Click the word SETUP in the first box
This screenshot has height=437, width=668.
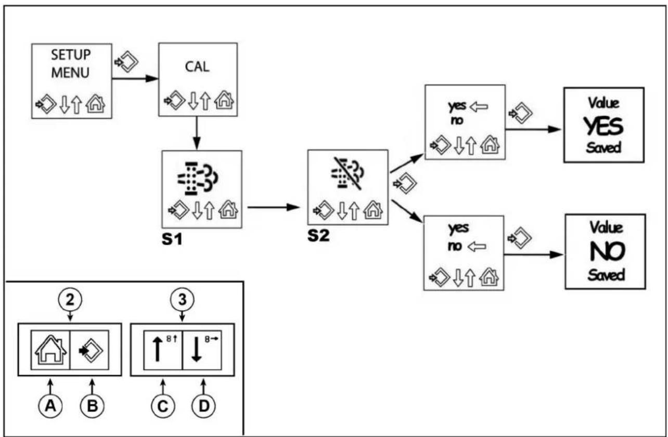71,55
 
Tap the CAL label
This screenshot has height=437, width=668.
197,67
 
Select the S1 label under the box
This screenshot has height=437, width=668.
172,239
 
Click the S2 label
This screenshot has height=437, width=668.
318,236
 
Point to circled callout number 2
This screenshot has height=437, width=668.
70,299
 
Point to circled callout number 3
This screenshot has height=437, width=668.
182,299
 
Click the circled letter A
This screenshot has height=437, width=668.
50,406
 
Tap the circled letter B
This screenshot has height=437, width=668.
92,406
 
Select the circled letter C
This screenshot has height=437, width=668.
163,406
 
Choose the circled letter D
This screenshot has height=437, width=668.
203,406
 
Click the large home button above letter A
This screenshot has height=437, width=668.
50,350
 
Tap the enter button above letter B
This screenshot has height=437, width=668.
91,351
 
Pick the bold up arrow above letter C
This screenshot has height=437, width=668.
158,349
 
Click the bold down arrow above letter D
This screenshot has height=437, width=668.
196,349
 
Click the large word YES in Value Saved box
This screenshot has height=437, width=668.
603,126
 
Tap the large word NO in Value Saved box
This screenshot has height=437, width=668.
607,251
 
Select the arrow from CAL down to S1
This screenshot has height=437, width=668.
197,133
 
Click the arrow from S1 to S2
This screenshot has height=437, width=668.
274,207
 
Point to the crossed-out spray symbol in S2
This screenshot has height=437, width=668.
348,173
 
